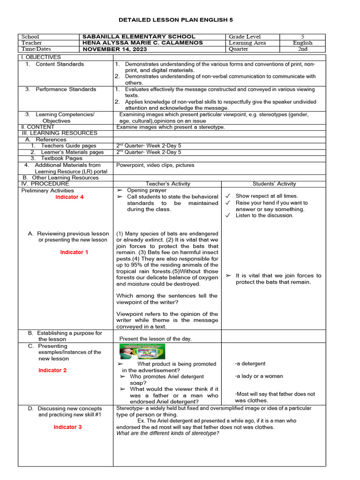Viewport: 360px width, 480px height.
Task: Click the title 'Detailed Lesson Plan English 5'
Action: pos(180,20)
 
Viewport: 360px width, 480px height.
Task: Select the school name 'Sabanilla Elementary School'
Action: pos(139,37)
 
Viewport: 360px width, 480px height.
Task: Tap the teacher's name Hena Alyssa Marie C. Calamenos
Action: pos(142,43)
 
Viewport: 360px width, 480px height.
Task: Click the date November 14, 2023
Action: pos(115,49)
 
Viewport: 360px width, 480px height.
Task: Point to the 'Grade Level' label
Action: pos(245,37)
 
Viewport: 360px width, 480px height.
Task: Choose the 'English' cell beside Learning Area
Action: pos(302,43)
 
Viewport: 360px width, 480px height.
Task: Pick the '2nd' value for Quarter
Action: pos(302,49)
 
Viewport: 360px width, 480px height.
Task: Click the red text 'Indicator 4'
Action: pos(69,197)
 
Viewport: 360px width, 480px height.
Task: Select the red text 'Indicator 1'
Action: pos(74,253)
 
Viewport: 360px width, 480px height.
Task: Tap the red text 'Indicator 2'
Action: pos(52,370)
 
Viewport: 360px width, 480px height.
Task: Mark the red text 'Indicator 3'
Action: pos(67,427)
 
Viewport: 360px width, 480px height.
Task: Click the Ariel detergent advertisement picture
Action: pos(142,352)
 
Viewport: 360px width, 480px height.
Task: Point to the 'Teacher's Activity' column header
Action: pos(168,184)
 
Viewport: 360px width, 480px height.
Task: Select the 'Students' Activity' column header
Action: pos(274,184)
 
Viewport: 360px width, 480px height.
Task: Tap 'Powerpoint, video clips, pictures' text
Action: pos(155,165)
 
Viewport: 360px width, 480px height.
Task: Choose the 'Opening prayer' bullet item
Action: pos(147,190)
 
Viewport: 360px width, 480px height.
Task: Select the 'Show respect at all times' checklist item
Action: pos(266,196)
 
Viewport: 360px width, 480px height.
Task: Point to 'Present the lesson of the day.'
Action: pos(156,338)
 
